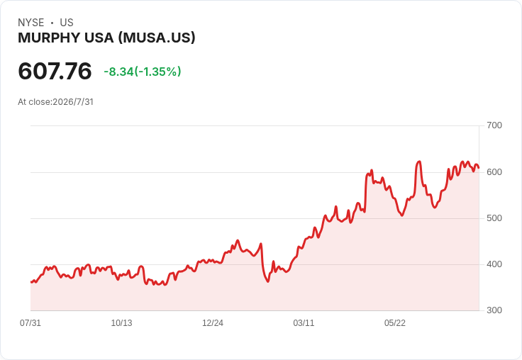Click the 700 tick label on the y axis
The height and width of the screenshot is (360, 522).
494,125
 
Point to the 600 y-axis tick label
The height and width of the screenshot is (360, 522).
494,172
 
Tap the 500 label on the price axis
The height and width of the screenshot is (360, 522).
494,218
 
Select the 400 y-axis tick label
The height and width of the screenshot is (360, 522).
494,264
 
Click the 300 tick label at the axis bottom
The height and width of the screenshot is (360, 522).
494,310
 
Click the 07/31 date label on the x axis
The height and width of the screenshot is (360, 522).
30,323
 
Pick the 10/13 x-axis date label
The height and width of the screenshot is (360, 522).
121,323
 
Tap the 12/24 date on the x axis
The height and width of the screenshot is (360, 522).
213,323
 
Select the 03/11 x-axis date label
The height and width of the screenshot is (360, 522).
304,323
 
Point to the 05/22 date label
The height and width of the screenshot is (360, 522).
395,323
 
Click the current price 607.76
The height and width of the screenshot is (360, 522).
55,71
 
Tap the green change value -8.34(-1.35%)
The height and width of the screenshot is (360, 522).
143,72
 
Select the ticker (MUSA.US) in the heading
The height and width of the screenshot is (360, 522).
157,38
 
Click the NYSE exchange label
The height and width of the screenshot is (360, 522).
31,23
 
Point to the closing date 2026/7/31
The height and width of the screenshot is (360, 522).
73,102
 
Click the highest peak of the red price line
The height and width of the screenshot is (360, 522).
419,162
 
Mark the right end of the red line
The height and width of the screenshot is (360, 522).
479,168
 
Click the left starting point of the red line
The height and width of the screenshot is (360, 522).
31,282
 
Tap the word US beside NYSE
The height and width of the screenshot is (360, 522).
67,23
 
